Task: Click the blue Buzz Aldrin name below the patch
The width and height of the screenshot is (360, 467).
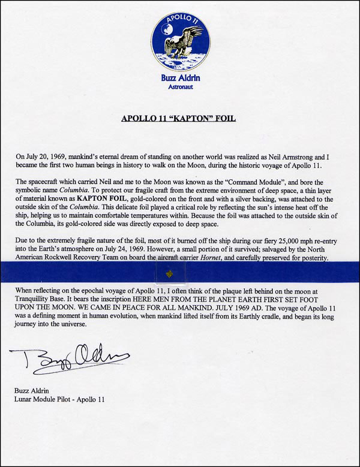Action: (x=180, y=77)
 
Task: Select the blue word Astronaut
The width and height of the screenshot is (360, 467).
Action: (x=180, y=86)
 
